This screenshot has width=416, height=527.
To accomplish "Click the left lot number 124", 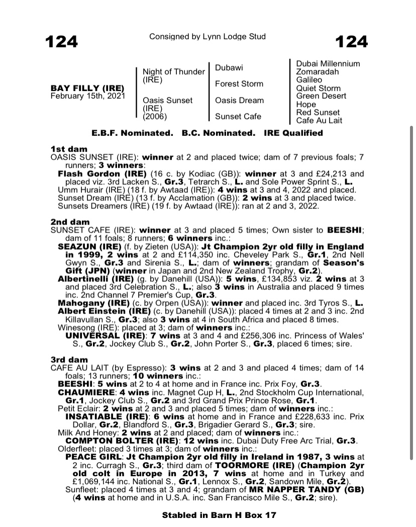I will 62,41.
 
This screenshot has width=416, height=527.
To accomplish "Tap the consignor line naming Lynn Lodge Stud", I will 207,37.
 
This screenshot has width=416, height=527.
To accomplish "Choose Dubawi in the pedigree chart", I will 229,67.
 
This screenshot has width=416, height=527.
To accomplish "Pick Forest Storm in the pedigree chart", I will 239,84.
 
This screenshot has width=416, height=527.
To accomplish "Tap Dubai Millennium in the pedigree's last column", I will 328,63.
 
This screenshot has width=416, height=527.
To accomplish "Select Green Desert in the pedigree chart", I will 321,96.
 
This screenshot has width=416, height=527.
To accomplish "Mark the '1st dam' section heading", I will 69,149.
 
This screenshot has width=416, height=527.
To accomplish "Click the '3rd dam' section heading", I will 69,360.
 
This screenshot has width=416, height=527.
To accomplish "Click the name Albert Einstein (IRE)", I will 96,312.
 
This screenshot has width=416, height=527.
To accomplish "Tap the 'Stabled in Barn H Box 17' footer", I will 219,515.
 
